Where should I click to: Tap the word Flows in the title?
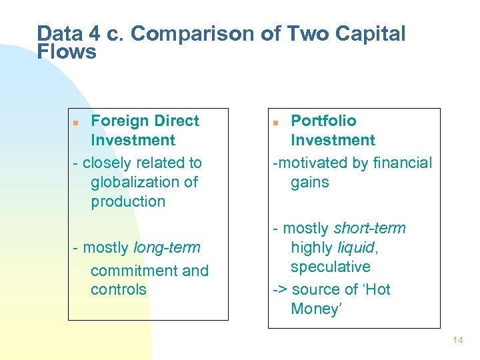(x=67, y=52)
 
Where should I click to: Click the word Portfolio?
(x=323, y=121)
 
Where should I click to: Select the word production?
(x=128, y=201)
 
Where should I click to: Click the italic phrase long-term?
(x=167, y=248)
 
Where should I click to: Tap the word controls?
(x=118, y=289)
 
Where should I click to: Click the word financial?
(x=402, y=163)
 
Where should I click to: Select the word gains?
(x=310, y=182)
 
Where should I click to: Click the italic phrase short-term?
(x=369, y=228)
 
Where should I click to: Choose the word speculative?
(x=331, y=267)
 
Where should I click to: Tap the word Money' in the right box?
(x=316, y=309)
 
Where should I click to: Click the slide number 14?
(x=457, y=340)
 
